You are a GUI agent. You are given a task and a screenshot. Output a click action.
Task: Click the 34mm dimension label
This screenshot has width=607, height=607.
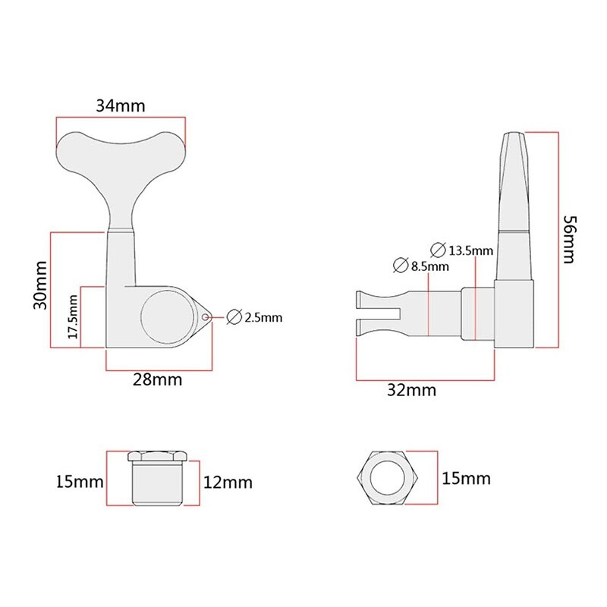pos(120,105)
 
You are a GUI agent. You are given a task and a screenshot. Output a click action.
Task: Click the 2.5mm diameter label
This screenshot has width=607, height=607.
pos(263,318)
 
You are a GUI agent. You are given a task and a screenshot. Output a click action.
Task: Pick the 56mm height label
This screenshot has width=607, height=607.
pos(571,240)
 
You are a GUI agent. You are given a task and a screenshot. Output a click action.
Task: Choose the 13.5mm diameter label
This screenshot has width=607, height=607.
pos(471,250)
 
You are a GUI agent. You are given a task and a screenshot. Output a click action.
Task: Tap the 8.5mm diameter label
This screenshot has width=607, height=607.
pos(429,266)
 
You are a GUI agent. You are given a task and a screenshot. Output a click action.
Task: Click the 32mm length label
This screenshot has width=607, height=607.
pos(413,390)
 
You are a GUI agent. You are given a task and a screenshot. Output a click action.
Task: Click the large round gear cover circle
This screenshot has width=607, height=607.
pos(163,315)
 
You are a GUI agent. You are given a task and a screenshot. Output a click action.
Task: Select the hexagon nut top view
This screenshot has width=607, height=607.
pos(387,480)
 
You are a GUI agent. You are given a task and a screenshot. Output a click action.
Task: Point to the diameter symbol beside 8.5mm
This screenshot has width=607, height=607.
pos(401,266)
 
